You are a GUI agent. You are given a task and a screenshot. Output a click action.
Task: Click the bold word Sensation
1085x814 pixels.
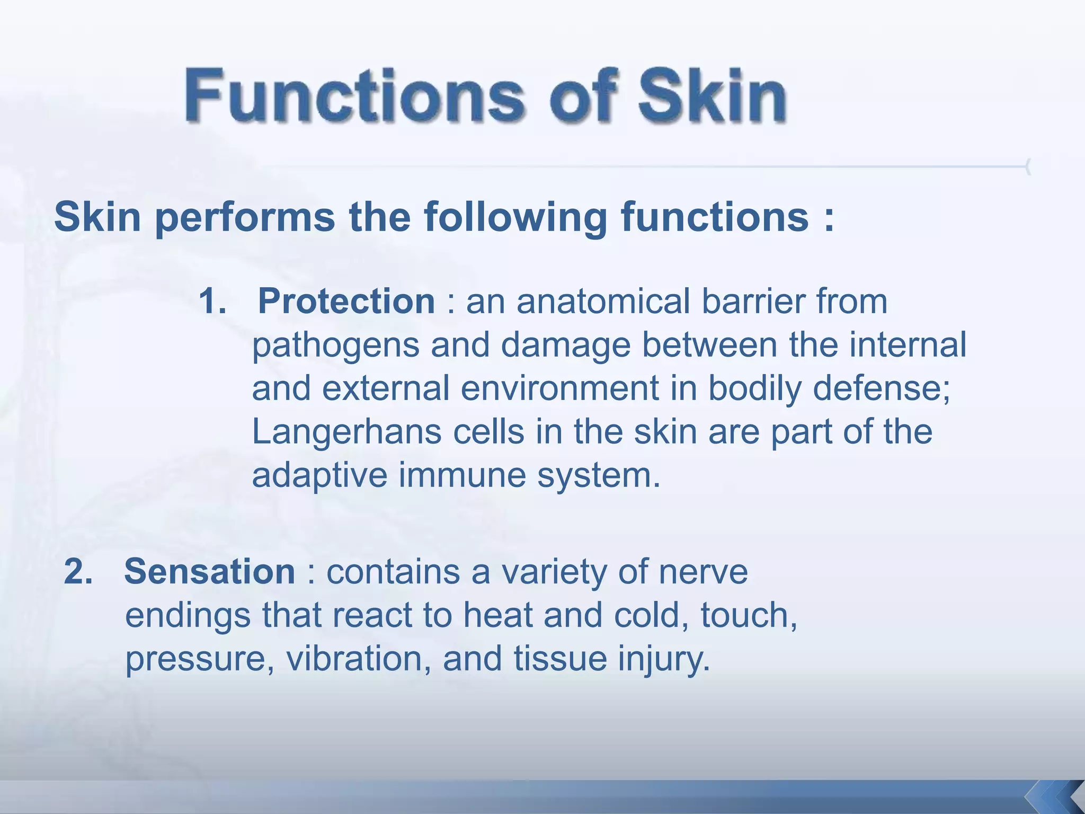[x=210, y=571]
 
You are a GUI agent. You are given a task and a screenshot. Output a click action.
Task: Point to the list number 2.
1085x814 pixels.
[x=78, y=571]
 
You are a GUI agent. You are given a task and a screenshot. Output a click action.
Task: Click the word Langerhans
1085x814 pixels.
[x=346, y=432]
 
